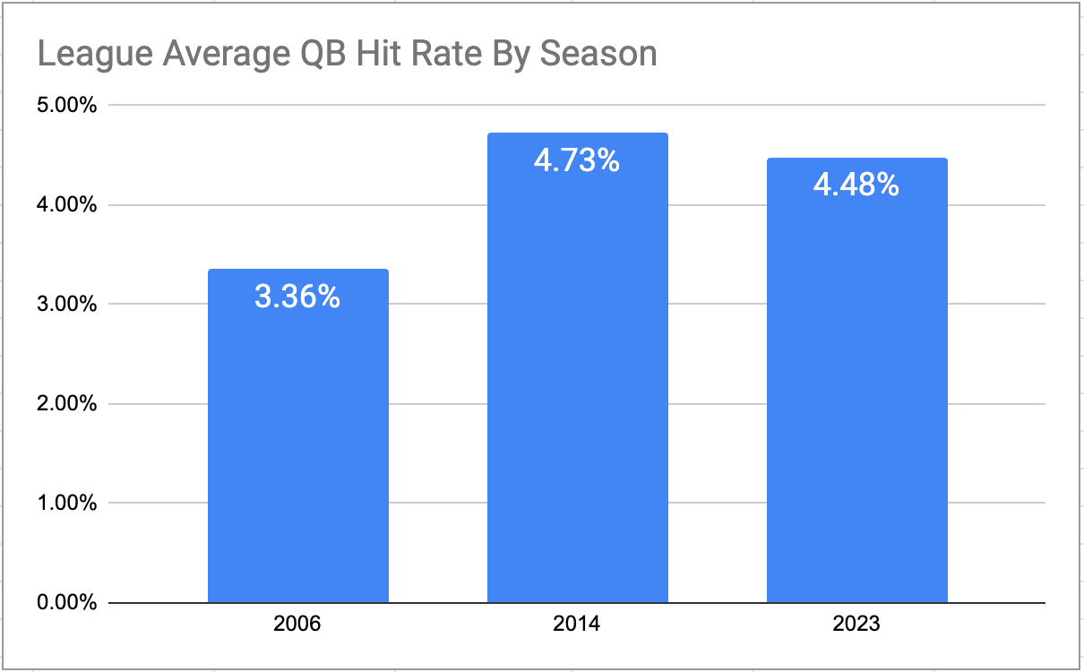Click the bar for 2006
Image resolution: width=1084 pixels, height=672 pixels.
pyautogui.click(x=298, y=435)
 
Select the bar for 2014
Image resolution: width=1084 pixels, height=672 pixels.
pyautogui.click(x=578, y=367)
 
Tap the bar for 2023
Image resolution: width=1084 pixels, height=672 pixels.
pyautogui.click(x=857, y=380)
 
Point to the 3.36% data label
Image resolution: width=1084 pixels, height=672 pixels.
pyautogui.click(x=297, y=297)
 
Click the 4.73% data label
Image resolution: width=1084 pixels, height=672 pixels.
pyautogui.click(x=576, y=160)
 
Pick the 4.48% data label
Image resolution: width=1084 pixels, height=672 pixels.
pyautogui.click(x=856, y=185)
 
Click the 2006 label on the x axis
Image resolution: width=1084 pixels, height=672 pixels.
pyautogui.click(x=297, y=623)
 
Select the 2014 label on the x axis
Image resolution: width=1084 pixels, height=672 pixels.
pyautogui.click(x=576, y=623)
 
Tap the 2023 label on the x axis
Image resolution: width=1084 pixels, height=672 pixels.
pyautogui.click(x=856, y=623)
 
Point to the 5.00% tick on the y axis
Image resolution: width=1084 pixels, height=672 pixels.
pyautogui.click(x=67, y=105)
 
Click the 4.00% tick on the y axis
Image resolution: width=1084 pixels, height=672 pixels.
pyautogui.click(x=67, y=205)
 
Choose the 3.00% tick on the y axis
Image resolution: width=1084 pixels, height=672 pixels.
pyautogui.click(x=67, y=304)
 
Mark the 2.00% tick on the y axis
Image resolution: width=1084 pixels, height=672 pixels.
pyautogui.click(x=67, y=403)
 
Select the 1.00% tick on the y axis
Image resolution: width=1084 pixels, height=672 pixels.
pyautogui.click(x=67, y=503)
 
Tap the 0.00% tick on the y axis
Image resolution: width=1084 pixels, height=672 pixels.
pyautogui.click(x=67, y=603)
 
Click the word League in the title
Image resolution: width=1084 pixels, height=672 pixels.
pyautogui.click(x=95, y=55)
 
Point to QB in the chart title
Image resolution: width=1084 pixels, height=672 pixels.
pyautogui.click(x=323, y=53)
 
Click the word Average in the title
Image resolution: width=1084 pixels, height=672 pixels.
pyautogui.click(x=226, y=55)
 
